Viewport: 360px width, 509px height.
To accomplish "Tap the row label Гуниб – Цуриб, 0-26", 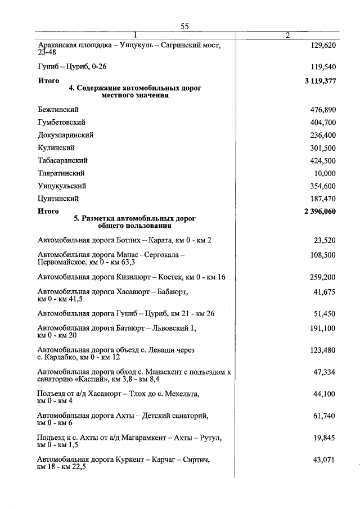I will pyautogui.click(x=72, y=66).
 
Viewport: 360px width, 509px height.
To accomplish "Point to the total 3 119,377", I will pyautogui.click(x=319, y=81).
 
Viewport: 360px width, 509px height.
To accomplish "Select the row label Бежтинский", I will pyautogui.click(x=58, y=109).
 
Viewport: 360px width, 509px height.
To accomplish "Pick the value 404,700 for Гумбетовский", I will pyautogui.click(x=323, y=122).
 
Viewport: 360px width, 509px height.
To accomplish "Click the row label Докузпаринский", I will pyautogui.click(x=65, y=135).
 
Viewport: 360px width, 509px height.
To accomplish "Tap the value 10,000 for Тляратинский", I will pyautogui.click(x=325, y=173).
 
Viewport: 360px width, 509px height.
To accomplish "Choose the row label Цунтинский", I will pyautogui.click(x=58, y=199).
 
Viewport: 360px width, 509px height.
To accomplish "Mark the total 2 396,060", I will pyautogui.click(x=319, y=211).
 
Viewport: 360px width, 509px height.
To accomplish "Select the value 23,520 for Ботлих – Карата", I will pyautogui.click(x=325, y=240).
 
